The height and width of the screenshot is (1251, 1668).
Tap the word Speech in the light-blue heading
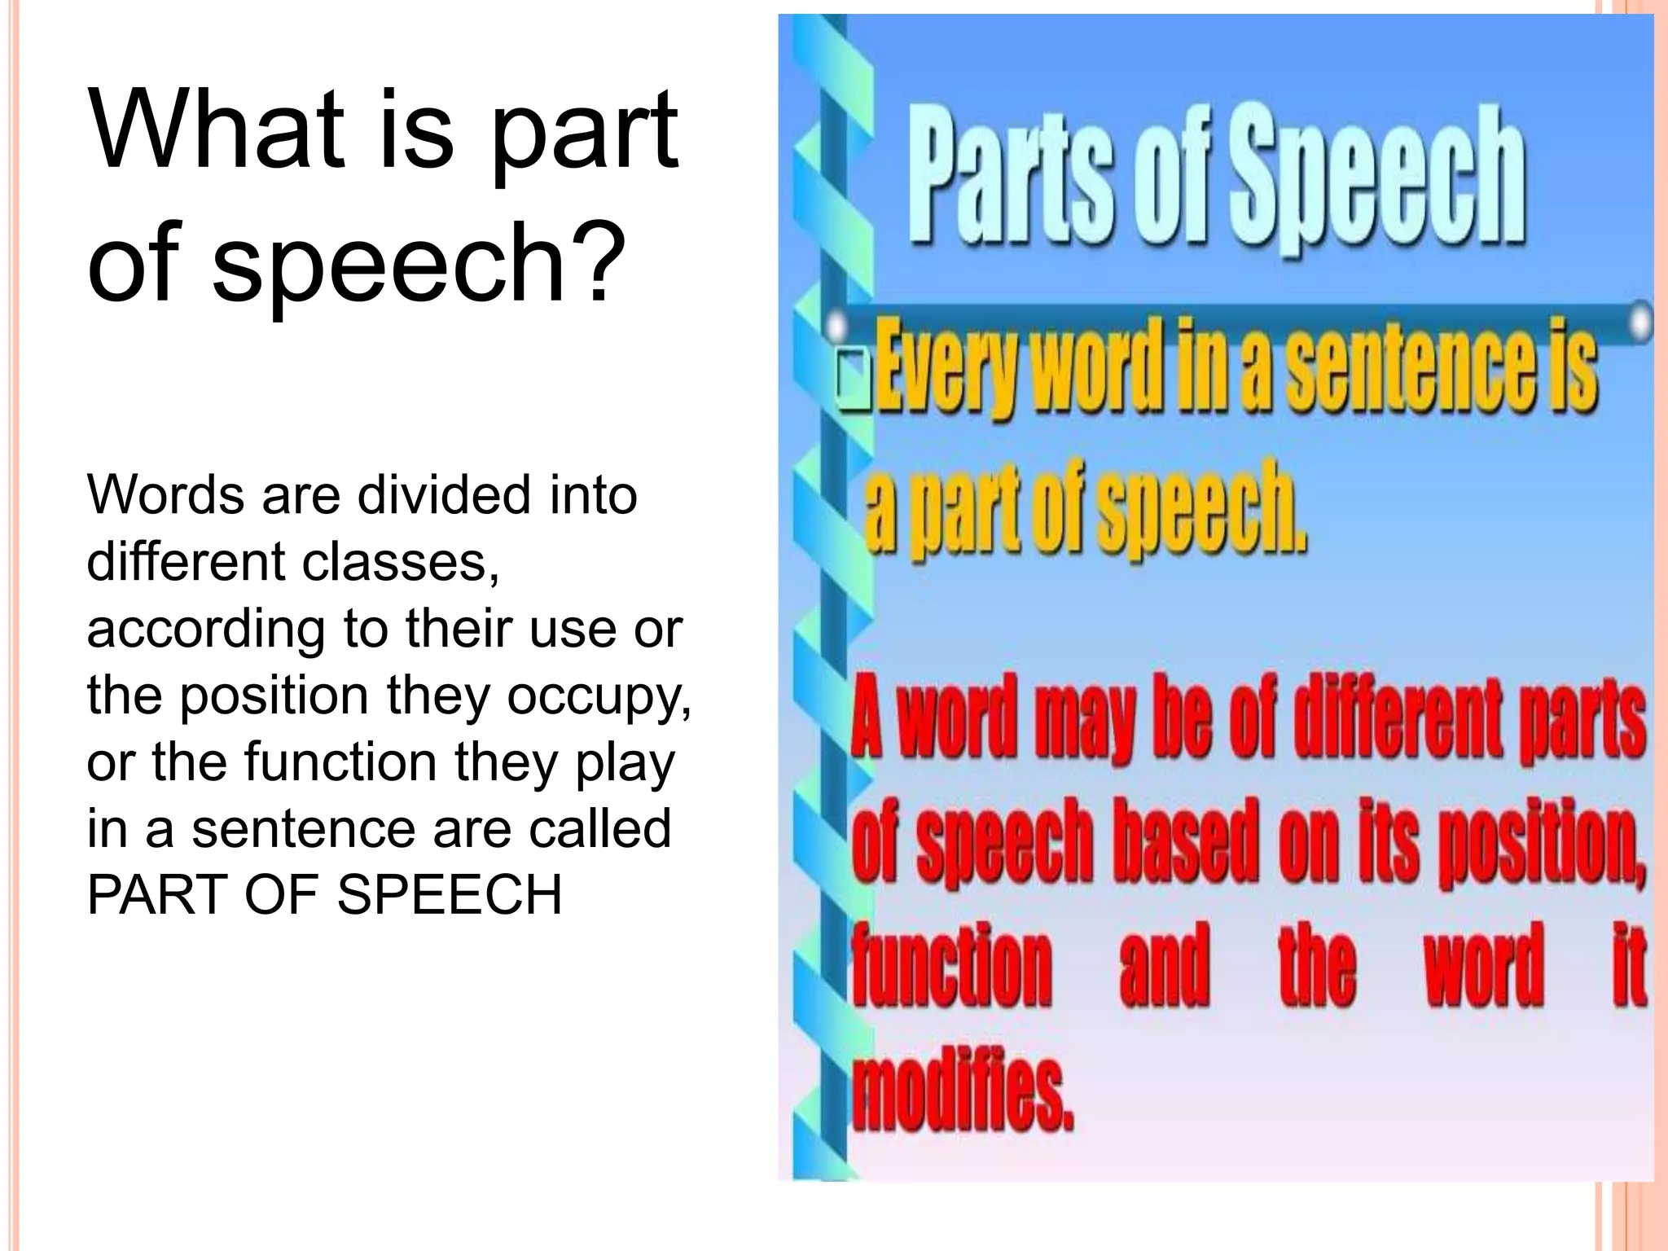click(1376, 183)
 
